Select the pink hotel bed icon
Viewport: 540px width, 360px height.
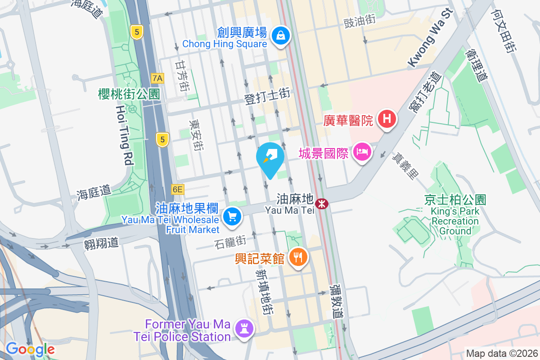(x=363, y=152)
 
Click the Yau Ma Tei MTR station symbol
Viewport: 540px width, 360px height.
(x=322, y=204)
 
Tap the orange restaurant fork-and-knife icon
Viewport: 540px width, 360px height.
(x=297, y=258)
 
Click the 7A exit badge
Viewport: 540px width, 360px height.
(x=157, y=78)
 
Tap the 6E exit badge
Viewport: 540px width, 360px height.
(x=177, y=189)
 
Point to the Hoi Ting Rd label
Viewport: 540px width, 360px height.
(x=125, y=135)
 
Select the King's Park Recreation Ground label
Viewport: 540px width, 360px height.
(x=455, y=216)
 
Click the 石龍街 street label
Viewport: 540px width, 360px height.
(x=230, y=242)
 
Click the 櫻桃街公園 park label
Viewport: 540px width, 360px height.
(x=129, y=94)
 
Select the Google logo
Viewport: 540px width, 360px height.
(x=30, y=349)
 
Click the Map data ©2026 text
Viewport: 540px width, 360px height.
(x=501, y=353)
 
